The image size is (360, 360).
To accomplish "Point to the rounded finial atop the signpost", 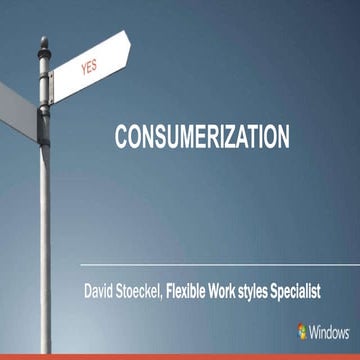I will tap(44, 44).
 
